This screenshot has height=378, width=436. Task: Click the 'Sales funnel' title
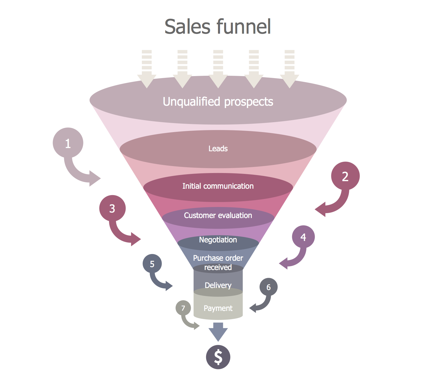pos(218,27)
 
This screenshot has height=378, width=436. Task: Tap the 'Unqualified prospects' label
pos(218,102)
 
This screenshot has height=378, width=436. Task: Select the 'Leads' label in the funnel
pos(218,149)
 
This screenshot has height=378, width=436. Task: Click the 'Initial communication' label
pos(218,186)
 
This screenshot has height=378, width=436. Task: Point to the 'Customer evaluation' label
pos(218,215)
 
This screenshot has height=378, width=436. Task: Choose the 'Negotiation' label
pos(218,240)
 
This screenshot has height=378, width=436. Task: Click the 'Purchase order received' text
pos(218,262)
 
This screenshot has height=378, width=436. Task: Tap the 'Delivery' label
pos(218,285)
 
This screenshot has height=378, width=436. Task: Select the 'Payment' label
pos(218,308)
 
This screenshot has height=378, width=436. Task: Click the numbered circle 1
pos(68,143)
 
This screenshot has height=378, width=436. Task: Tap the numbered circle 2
pos(345,176)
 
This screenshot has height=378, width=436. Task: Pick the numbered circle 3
pos(112,208)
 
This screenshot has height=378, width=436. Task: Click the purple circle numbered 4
pos(303,237)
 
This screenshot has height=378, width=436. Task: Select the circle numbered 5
pos(152,264)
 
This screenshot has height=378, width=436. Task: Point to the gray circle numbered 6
pos(268,287)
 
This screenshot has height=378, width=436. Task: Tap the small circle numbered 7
pos(183,308)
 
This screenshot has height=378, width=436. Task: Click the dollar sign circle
pos(218,357)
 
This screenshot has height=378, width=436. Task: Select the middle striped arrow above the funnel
pos(218,69)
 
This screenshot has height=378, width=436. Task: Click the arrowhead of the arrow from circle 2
pos(321,210)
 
